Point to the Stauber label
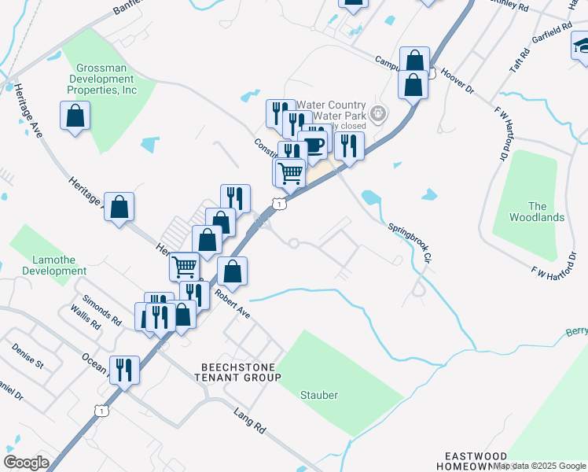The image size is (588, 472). coord(319,395)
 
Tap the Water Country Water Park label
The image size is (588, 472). coord(330,111)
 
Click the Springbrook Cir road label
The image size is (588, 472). coord(409,242)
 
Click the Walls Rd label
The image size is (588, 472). coord(85,319)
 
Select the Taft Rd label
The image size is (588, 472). coord(520,59)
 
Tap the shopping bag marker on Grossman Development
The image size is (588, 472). coord(75,116)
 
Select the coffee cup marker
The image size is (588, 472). coord(313,144)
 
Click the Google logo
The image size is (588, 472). coord(26,463)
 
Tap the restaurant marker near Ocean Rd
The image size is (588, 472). coord(124,368)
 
